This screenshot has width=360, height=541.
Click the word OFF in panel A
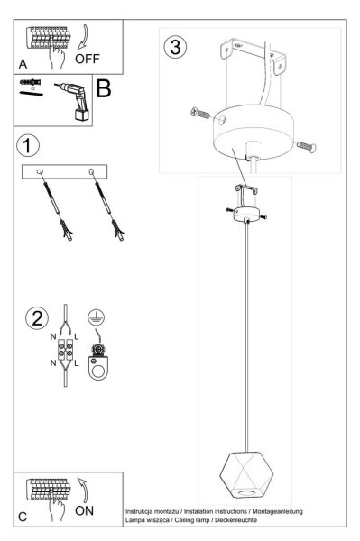tap(87, 59)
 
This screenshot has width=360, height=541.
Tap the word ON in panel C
tap(84, 510)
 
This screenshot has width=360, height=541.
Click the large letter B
tap(104, 88)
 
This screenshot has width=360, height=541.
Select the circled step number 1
tap(28, 145)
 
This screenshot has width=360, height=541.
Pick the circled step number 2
tap(37, 318)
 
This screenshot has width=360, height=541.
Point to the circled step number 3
tap(175, 47)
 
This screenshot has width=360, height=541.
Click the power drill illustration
tap(74, 101)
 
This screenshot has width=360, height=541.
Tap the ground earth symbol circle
tap(96, 317)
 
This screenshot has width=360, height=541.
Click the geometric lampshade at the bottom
tap(246, 474)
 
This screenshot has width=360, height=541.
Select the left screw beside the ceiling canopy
tap(200, 113)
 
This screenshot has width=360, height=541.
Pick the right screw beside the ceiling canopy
tap(306, 147)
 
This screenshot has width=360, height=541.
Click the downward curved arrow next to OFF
tap(84, 37)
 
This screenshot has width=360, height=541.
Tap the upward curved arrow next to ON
tap(83, 490)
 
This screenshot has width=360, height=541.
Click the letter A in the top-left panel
tap(23, 64)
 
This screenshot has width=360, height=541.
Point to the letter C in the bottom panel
tap(23, 517)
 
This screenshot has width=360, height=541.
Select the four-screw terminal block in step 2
tap(65, 349)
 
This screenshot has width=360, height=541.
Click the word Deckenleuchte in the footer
tap(235, 520)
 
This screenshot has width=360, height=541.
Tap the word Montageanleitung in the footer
tap(278, 511)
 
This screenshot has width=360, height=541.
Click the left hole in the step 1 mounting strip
tap(40, 171)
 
